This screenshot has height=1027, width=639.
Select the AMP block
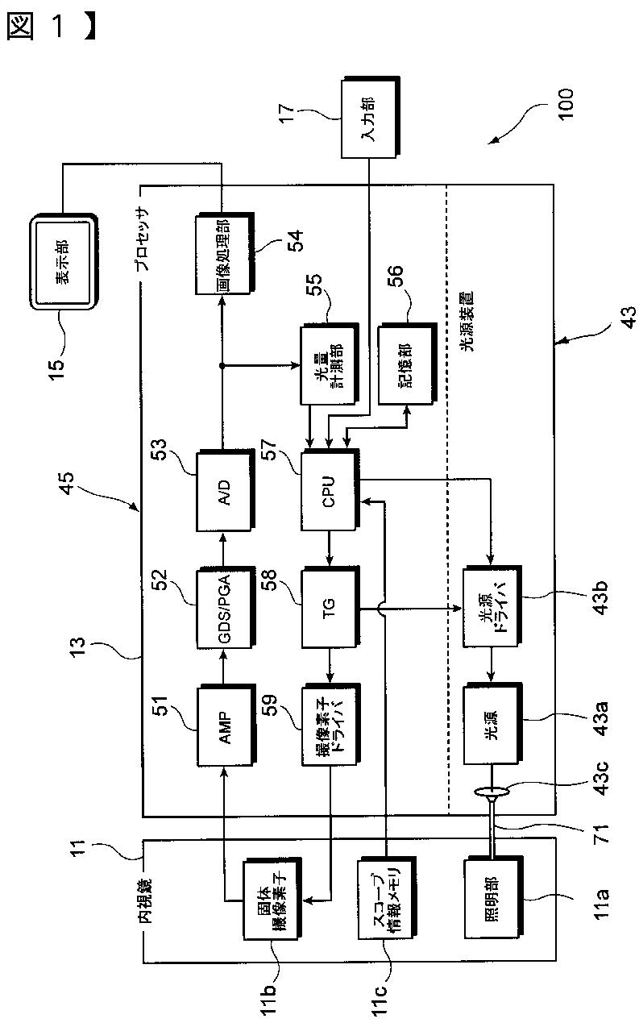coord(226,726)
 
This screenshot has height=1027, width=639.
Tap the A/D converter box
coord(226,491)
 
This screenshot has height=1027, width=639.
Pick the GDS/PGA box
coord(226,608)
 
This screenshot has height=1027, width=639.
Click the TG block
coord(330,608)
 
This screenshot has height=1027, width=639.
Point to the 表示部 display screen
coord(64,261)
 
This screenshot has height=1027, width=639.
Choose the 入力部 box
coord(370,118)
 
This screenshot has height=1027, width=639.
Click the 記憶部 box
coord(407,364)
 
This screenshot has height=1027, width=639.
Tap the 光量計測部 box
coord(330,364)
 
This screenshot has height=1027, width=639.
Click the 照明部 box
coord(493,899)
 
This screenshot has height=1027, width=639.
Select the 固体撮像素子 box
coord(272,899)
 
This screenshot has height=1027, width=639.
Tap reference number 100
coord(566,104)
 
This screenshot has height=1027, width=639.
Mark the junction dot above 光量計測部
coord(222,365)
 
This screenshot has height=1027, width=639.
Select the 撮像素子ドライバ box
coord(330,725)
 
